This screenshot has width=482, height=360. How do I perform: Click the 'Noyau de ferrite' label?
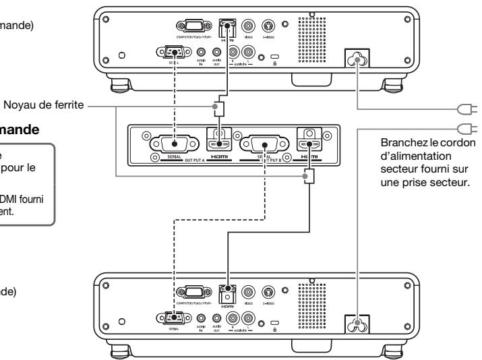tap(41, 106)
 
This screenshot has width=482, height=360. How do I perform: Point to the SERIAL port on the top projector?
tap(173, 52)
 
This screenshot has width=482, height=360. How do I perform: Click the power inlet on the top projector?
tap(356, 60)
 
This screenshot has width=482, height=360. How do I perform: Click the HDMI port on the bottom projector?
tap(227, 293)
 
